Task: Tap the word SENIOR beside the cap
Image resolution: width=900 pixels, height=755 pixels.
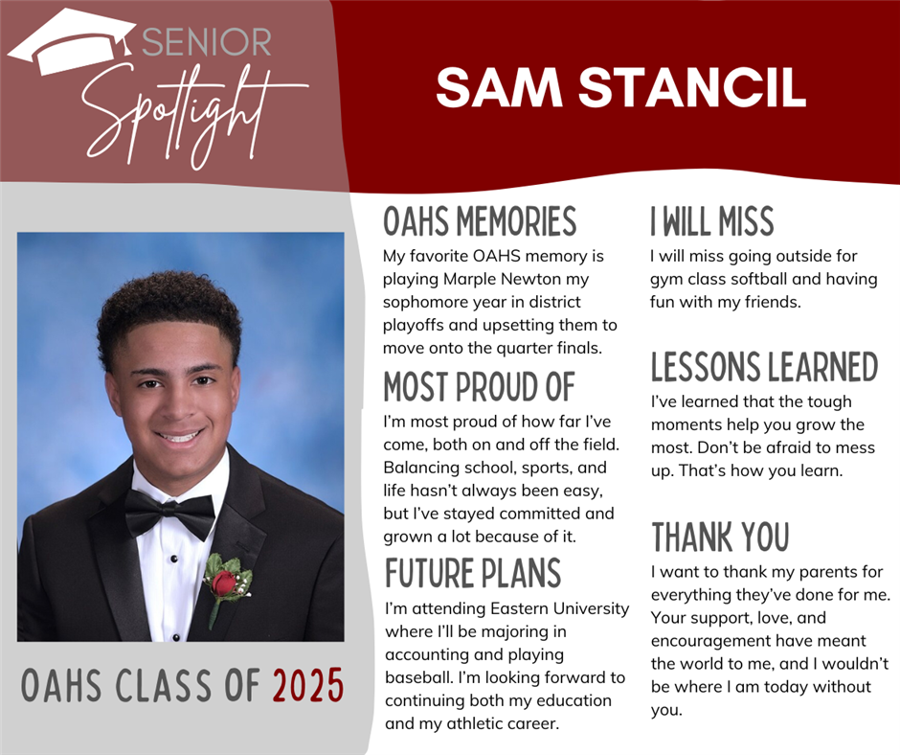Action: [x=207, y=42]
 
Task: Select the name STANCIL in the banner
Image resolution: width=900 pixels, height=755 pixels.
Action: [x=691, y=87]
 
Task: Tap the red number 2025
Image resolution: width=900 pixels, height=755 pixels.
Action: [x=308, y=685]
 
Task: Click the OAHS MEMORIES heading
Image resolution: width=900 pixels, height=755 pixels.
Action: [x=480, y=221]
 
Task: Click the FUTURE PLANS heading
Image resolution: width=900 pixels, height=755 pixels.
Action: [x=473, y=573]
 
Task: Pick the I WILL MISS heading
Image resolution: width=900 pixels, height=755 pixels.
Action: [x=711, y=221]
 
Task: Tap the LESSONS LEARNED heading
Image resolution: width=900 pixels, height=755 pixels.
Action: [x=765, y=367]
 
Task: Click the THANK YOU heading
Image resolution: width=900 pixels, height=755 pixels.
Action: [x=720, y=538]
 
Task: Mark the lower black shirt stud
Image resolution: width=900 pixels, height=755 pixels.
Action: [x=176, y=637]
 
